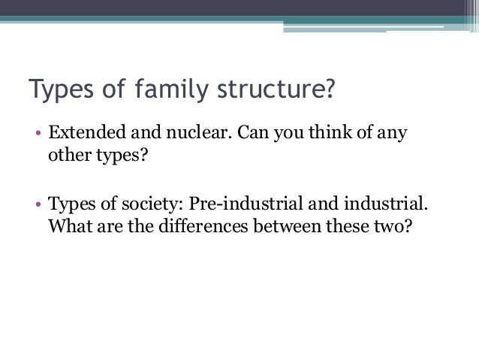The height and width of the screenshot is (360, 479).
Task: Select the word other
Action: click(68, 156)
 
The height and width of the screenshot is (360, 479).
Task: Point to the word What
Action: click(68, 226)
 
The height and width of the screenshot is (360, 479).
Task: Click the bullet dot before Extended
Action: click(38, 136)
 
